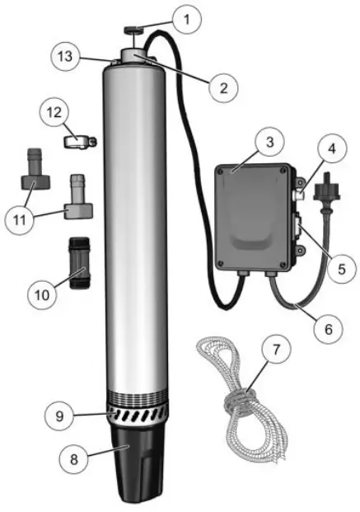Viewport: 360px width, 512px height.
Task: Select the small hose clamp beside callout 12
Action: (x=78, y=142)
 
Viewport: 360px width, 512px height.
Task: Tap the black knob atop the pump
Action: (x=133, y=33)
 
